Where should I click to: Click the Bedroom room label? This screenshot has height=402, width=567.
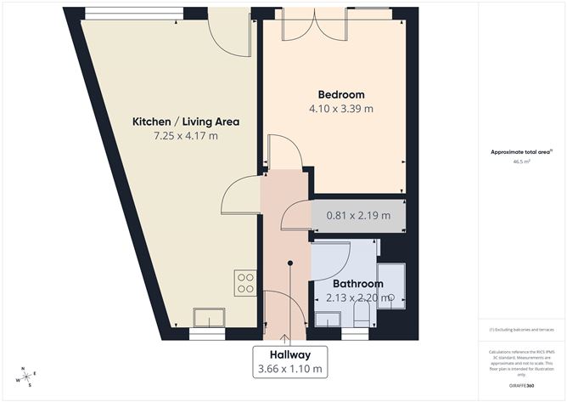coord(341,94)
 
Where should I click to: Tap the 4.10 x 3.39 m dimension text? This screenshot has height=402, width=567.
coord(341,109)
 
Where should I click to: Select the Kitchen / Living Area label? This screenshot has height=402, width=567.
coord(185,122)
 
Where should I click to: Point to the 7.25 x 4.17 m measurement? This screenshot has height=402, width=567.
coord(185,136)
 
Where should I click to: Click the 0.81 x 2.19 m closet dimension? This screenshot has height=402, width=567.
coord(359,215)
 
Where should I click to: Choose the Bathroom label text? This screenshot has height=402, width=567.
coord(357,283)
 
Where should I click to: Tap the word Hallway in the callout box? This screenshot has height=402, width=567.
coord(289,354)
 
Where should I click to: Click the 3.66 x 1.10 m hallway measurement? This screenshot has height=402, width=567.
coord(289,369)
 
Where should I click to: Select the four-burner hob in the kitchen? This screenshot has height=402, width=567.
coord(245,283)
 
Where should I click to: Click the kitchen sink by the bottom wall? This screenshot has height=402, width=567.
coord(209,317)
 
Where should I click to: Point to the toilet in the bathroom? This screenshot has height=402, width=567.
coord(361,315)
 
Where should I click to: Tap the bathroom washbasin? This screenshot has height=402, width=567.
coord(328,319)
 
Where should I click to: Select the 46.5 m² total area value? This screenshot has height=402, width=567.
coord(521,161)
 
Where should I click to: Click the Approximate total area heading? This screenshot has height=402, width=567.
coord(521,152)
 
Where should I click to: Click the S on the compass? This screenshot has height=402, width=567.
coord(30,386)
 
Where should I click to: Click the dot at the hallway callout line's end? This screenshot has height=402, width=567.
coord(289,263)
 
